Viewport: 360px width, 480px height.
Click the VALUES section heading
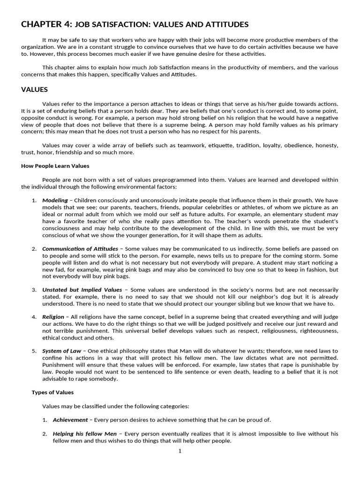point(35,90)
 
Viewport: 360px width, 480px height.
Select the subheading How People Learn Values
point(55,166)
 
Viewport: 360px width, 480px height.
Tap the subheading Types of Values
point(52,392)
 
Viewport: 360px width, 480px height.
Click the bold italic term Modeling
point(55,200)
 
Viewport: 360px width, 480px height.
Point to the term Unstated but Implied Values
point(82,290)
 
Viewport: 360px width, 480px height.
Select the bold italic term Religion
point(53,317)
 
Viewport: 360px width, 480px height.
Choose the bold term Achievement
point(70,420)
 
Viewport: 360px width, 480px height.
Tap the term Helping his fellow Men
point(84,434)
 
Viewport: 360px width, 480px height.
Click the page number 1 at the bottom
point(180,451)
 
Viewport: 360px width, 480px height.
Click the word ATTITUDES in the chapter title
point(225,25)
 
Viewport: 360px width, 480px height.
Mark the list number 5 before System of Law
point(34,351)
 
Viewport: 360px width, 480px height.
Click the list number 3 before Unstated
point(34,290)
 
